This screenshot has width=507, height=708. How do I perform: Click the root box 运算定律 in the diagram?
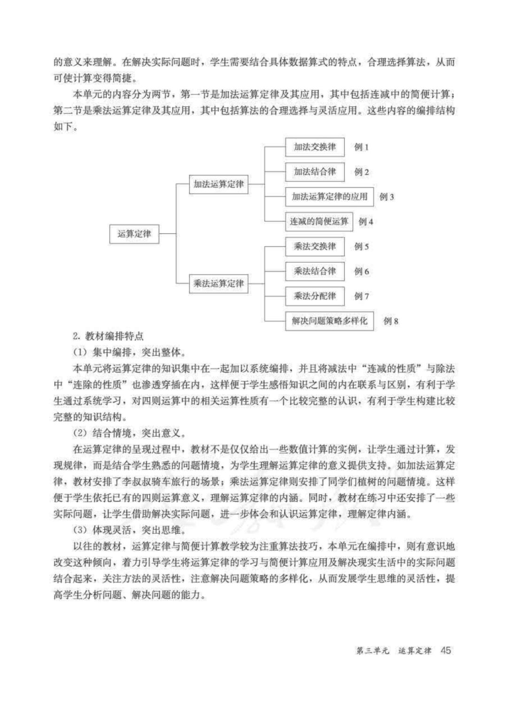134,234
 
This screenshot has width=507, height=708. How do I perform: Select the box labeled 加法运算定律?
219,185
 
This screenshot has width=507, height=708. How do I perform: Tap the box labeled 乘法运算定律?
219,284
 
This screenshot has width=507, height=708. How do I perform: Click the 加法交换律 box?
315,147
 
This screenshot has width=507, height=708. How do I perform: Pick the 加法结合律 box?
315,172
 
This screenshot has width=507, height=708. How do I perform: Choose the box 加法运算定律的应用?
330,197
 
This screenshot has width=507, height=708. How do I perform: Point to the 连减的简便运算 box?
319,222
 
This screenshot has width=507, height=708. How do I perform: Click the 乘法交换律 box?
315,246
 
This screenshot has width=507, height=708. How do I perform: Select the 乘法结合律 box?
315,271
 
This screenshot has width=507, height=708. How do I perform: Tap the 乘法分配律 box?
315,296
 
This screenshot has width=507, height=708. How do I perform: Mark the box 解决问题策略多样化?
330,321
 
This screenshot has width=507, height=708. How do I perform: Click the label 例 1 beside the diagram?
361,147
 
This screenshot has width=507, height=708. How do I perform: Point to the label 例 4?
366,222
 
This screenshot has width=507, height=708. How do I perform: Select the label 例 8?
391,321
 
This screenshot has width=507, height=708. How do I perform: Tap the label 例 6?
361,271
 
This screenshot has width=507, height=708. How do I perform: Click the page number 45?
446,650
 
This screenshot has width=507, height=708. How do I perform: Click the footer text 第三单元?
373,651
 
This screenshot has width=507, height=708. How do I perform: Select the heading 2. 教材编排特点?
108,336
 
